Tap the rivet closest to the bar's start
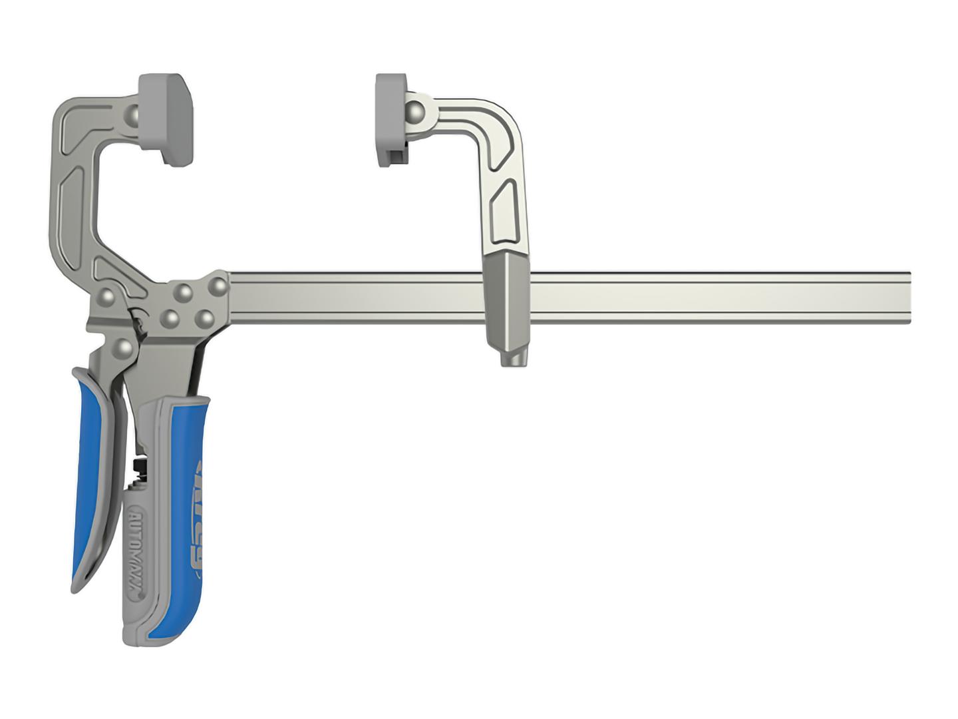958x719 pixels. click(x=218, y=285)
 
